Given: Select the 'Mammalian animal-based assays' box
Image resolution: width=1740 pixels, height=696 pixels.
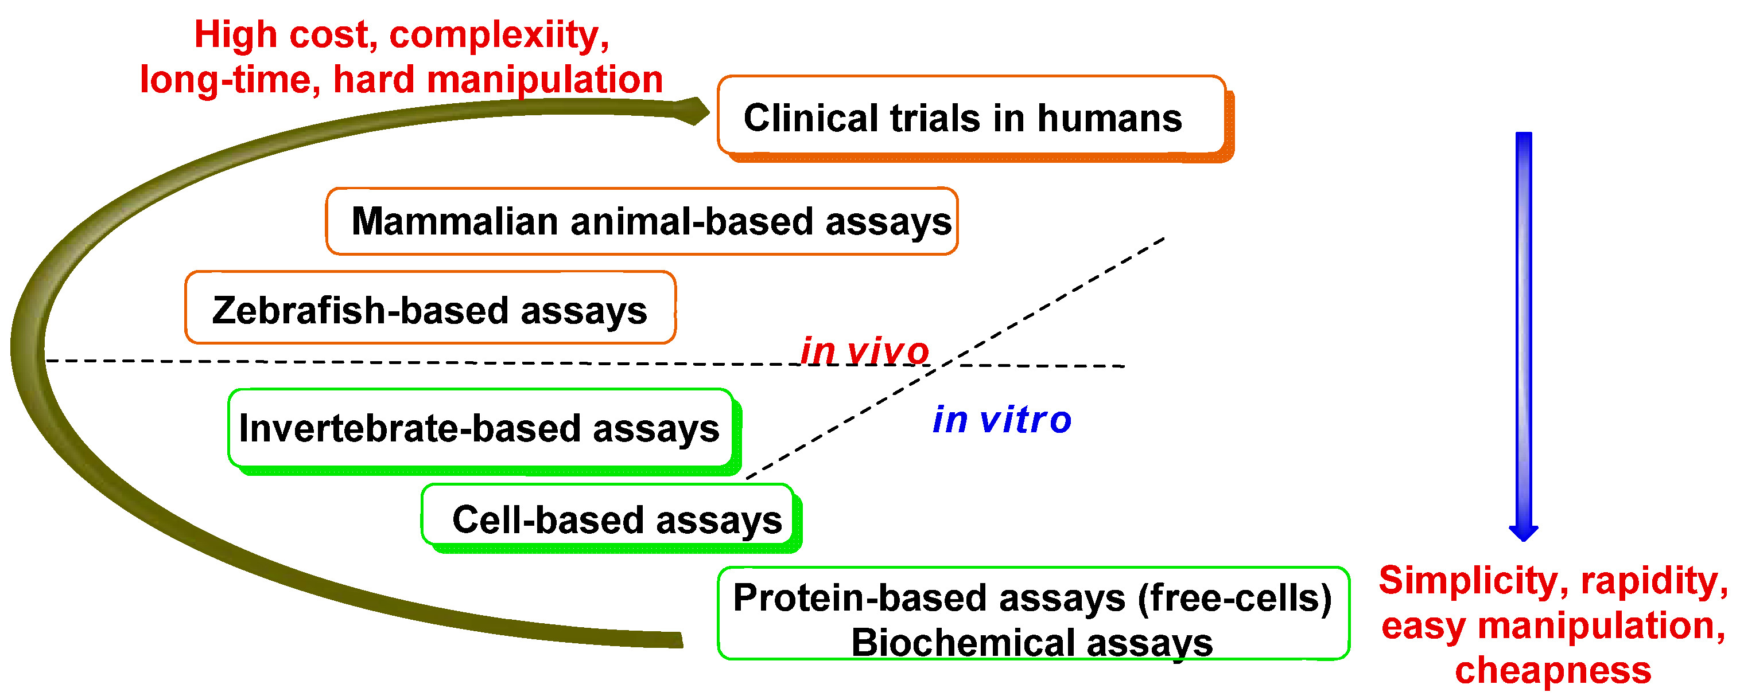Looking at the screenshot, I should click(642, 221).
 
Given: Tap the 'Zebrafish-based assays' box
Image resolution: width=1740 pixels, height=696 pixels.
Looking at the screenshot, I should click(430, 308).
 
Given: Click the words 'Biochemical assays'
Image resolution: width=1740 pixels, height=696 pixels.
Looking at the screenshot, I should click(1031, 642).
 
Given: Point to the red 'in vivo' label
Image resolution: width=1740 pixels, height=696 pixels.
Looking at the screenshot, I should click(865, 351).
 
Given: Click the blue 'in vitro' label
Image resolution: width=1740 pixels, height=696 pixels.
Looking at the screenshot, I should click(1002, 420).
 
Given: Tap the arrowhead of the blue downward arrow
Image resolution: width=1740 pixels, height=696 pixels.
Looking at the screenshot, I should click(1523, 533).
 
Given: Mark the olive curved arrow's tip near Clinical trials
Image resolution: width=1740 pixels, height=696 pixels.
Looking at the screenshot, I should click(696, 111).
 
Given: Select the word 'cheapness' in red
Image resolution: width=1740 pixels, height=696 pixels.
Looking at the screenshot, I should click(1553, 670).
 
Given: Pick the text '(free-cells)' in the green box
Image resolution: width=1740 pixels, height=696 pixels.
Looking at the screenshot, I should click(1234, 597).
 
